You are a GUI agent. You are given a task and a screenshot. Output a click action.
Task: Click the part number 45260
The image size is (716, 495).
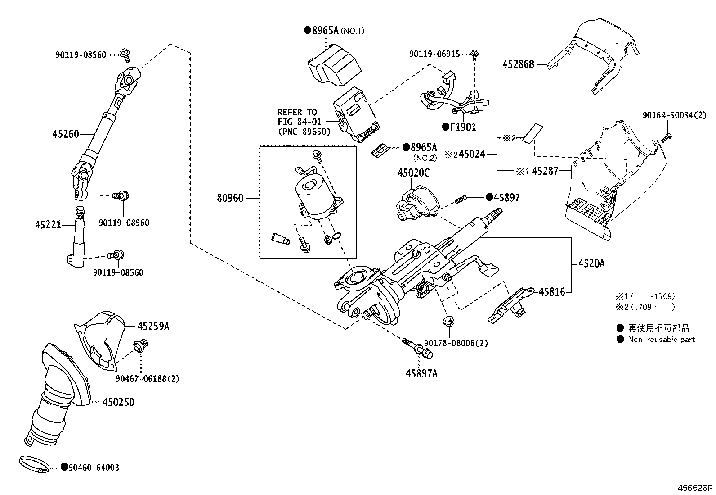[66, 134]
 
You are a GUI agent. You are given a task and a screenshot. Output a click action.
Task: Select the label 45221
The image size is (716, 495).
[48, 225]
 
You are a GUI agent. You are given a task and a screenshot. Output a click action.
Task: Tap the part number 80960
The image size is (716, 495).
[230, 198]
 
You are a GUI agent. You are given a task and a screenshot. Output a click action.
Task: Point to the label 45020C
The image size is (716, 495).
[414, 173]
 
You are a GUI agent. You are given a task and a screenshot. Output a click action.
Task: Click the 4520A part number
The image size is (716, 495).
[591, 263]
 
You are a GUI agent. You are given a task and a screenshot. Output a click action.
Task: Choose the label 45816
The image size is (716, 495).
[552, 292]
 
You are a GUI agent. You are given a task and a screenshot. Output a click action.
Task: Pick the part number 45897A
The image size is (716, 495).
[421, 374]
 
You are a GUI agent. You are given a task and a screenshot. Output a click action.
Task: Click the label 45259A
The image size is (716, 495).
[153, 326]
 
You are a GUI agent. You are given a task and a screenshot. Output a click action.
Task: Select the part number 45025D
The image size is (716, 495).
[119, 402]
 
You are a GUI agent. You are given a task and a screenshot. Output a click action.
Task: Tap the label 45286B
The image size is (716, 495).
[518, 64]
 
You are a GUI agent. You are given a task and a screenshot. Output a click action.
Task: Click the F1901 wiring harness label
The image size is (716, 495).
[463, 127]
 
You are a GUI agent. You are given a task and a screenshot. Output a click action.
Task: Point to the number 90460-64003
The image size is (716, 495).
[94, 468]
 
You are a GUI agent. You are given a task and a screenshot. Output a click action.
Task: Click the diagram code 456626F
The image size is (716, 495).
[695, 488]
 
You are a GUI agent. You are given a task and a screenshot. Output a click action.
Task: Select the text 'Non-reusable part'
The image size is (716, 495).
[661, 340]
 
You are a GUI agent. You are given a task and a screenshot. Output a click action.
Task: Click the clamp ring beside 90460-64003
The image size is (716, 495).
[34, 464]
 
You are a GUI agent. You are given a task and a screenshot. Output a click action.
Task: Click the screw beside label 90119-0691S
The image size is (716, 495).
[474, 55]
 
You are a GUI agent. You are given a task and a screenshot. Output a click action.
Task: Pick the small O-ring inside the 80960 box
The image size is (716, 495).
[336, 236]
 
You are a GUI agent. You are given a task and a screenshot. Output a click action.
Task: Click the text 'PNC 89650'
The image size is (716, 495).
[304, 132]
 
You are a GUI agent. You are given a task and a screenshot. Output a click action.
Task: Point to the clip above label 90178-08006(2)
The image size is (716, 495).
[448, 321]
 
